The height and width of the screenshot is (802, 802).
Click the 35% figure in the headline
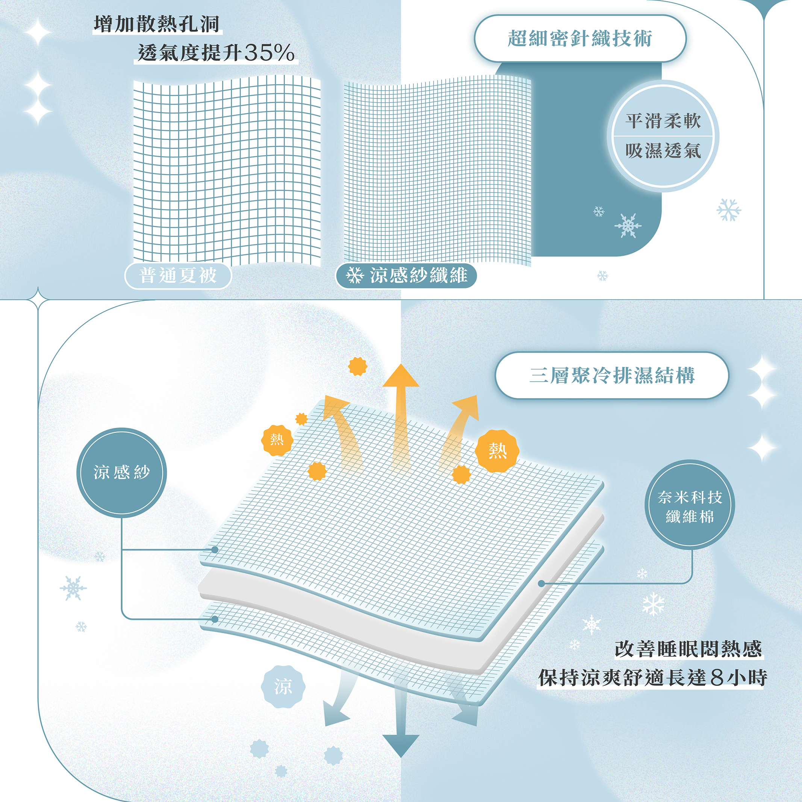269,53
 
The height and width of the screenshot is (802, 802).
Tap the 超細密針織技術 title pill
580,39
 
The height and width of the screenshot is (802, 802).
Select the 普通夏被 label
178,275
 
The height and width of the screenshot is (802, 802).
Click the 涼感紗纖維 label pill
406,275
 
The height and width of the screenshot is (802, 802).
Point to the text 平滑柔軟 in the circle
663,121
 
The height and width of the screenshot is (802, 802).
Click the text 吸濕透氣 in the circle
663,151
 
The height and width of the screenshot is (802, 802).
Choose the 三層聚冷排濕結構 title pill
612,376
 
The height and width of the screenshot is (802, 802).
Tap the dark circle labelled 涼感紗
122,472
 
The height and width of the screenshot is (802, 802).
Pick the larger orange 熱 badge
497,451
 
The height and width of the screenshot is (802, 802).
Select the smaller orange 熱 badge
277,440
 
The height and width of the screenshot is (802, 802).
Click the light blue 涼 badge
283,687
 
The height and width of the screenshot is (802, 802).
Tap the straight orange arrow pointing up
401,415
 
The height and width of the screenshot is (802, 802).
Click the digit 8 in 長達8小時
717,678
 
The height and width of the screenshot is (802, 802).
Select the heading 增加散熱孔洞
156,24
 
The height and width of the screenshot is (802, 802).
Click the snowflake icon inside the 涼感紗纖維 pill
354,275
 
